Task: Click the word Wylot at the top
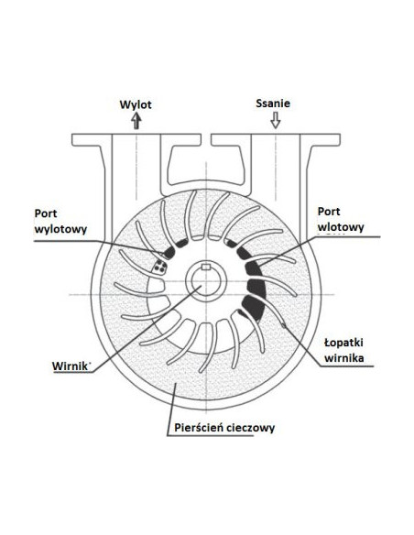(x=136, y=104)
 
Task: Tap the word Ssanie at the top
(x=273, y=103)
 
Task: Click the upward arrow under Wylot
(x=136, y=121)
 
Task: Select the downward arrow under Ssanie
(x=275, y=120)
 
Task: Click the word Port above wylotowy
(x=46, y=213)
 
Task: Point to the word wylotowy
(x=60, y=229)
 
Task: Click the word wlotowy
(x=341, y=227)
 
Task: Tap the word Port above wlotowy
(x=329, y=212)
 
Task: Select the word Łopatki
(x=343, y=343)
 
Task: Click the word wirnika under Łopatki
(x=343, y=358)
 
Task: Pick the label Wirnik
(x=70, y=366)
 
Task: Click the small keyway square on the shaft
(x=206, y=267)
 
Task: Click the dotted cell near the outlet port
(x=159, y=267)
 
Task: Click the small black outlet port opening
(x=169, y=253)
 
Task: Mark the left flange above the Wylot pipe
(x=136, y=139)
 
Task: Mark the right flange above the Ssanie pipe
(x=276, y=139)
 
